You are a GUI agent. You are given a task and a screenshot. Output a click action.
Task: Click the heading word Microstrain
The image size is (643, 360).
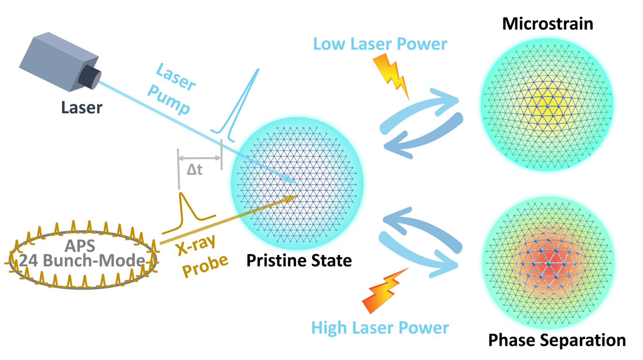click(547, 24)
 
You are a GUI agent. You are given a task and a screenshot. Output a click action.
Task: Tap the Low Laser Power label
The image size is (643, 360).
click(380, 44)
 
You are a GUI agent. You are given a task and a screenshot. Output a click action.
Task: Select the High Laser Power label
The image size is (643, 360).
click(380, 328)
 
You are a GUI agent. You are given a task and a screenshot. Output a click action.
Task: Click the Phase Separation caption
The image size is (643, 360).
click(557, 340)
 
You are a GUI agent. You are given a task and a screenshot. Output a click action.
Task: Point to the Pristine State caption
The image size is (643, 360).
click(299, 261)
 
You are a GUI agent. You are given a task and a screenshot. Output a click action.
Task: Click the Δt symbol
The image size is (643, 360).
click(195, 169)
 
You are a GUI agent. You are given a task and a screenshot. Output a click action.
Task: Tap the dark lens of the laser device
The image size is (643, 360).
click(90, 77)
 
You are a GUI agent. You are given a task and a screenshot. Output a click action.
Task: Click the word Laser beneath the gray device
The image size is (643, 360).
click(82, 108)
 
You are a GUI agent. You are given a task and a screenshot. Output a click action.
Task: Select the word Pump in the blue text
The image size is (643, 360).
click(169, 99)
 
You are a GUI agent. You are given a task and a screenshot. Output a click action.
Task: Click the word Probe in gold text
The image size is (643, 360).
click(205, 266)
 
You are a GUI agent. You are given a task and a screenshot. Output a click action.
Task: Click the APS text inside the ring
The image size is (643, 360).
click(80, 246)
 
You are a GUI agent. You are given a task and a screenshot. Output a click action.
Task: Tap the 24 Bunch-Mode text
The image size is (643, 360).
click(82, 261)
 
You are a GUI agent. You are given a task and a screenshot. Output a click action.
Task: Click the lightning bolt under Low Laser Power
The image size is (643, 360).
click(391, 76)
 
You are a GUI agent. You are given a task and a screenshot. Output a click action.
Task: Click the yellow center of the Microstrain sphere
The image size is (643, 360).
click(548, 105)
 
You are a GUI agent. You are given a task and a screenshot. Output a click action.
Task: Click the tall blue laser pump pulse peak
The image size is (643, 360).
click(258, 70)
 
